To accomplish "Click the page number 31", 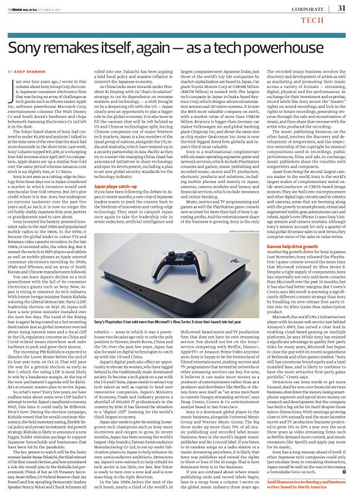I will (341, 8).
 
